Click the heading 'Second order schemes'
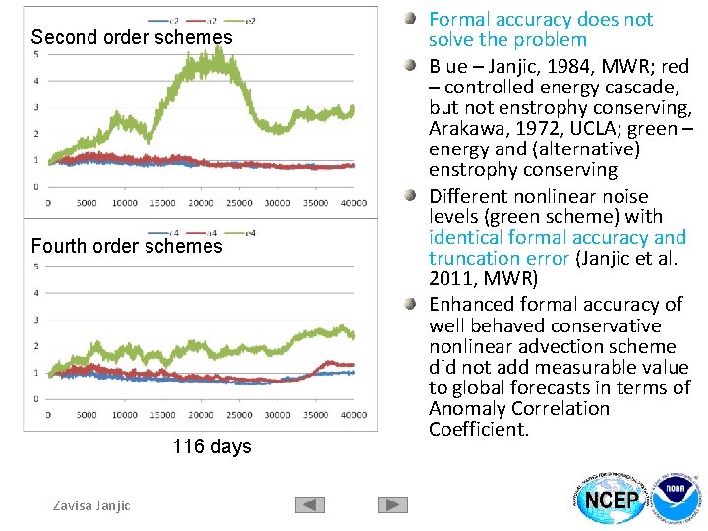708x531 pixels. (132, 37)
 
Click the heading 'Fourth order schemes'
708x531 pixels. (127, 246)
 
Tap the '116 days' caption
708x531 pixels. (211, 446)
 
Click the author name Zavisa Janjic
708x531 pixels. (91, 505)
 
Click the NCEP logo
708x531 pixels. (612, 500)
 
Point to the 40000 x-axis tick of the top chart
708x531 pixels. (353, 203)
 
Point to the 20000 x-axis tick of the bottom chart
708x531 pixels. (201, 415)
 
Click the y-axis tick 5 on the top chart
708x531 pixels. (36, 54)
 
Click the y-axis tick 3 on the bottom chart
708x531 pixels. (36, 320)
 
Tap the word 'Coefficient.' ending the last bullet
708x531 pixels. (479, 430)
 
